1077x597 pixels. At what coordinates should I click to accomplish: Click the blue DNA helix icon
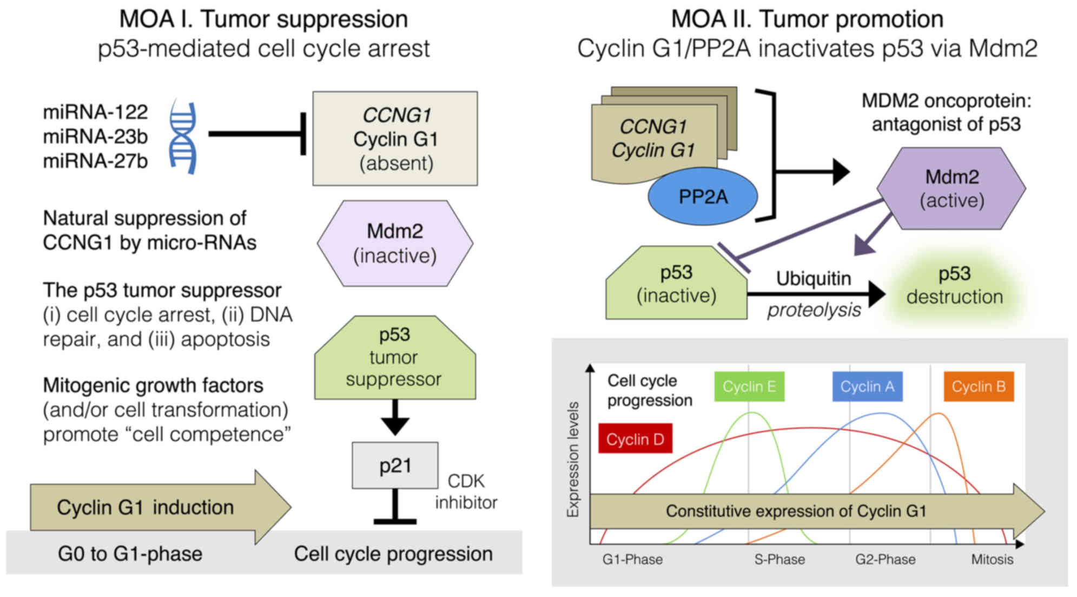tap(183, 136)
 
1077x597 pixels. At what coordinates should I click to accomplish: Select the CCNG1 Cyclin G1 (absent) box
tap(395, 139)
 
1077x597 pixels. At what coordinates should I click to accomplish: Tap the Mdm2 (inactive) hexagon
tap(395, 243)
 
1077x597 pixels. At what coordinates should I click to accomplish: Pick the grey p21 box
tap(395, 465)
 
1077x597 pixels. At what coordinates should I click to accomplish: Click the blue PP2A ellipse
tap(703, 196)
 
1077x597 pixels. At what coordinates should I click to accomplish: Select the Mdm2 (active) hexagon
tap(952, 188)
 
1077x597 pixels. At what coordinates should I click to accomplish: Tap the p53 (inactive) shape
tap(676, 284)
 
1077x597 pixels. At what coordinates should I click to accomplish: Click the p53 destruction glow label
tap(954, 285)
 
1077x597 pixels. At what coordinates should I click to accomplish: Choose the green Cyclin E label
tap(749, 386)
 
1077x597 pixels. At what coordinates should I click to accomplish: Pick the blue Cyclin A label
tap(867, 386)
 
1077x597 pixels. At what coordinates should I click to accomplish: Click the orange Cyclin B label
tap(979, 386)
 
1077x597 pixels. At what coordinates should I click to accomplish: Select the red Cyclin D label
tap(635, 439)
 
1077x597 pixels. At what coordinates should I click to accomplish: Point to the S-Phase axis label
tap(779, 559)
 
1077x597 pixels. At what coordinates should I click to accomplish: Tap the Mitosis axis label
tap(992, 559)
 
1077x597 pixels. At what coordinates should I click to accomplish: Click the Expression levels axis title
tap(572, 460)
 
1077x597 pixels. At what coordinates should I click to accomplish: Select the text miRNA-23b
tap(95, 136)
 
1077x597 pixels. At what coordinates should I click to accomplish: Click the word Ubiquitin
tap(813, 278)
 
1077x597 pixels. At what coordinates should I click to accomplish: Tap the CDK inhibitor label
tap(466, 491)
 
